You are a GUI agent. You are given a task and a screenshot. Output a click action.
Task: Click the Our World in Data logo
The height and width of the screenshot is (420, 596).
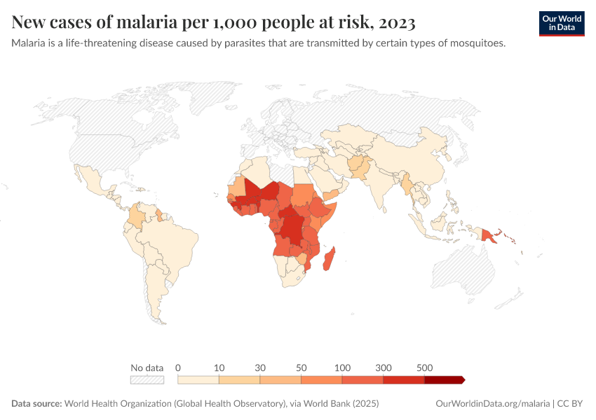click(561, 23)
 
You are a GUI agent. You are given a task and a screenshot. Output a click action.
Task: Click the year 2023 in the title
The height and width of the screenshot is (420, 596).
click(396, 23)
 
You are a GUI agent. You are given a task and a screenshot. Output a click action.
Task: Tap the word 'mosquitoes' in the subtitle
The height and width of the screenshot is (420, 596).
click(480, 43)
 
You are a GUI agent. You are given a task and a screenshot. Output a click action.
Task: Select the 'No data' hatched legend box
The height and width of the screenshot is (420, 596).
click(147, 380)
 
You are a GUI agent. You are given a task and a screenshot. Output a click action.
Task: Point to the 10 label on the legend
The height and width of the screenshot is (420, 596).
click(219, 367)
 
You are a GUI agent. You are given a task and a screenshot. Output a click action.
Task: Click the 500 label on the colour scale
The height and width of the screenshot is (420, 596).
click(424, 367)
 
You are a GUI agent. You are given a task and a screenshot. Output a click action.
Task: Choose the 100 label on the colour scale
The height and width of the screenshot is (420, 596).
click(343, 367)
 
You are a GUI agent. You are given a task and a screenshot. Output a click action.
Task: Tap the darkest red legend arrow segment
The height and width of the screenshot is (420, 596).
click(444, 380)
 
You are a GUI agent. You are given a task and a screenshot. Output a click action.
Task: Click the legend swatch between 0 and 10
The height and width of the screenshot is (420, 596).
click(198, 380)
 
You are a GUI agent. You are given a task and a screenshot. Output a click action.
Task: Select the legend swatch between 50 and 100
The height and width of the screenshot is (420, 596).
click(321, 380)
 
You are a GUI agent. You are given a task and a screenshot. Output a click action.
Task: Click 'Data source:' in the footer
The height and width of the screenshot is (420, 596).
click(36, 404)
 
